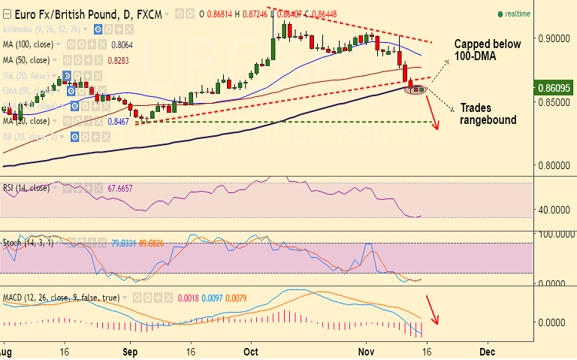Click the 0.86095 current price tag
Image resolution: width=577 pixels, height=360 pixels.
[x=552, y=88]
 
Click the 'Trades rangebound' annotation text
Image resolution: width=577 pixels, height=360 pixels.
[x=488, y=113]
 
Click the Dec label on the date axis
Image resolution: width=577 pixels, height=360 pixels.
[x=487, y=352]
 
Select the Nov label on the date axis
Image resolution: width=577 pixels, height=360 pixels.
[x=367, y=352]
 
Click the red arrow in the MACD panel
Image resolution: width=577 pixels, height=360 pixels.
[x=432, y=309]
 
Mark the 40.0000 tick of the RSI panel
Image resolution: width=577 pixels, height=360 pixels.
[x=551, y=210]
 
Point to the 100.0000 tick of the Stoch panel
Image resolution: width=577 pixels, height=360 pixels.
[x=551, y=235]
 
